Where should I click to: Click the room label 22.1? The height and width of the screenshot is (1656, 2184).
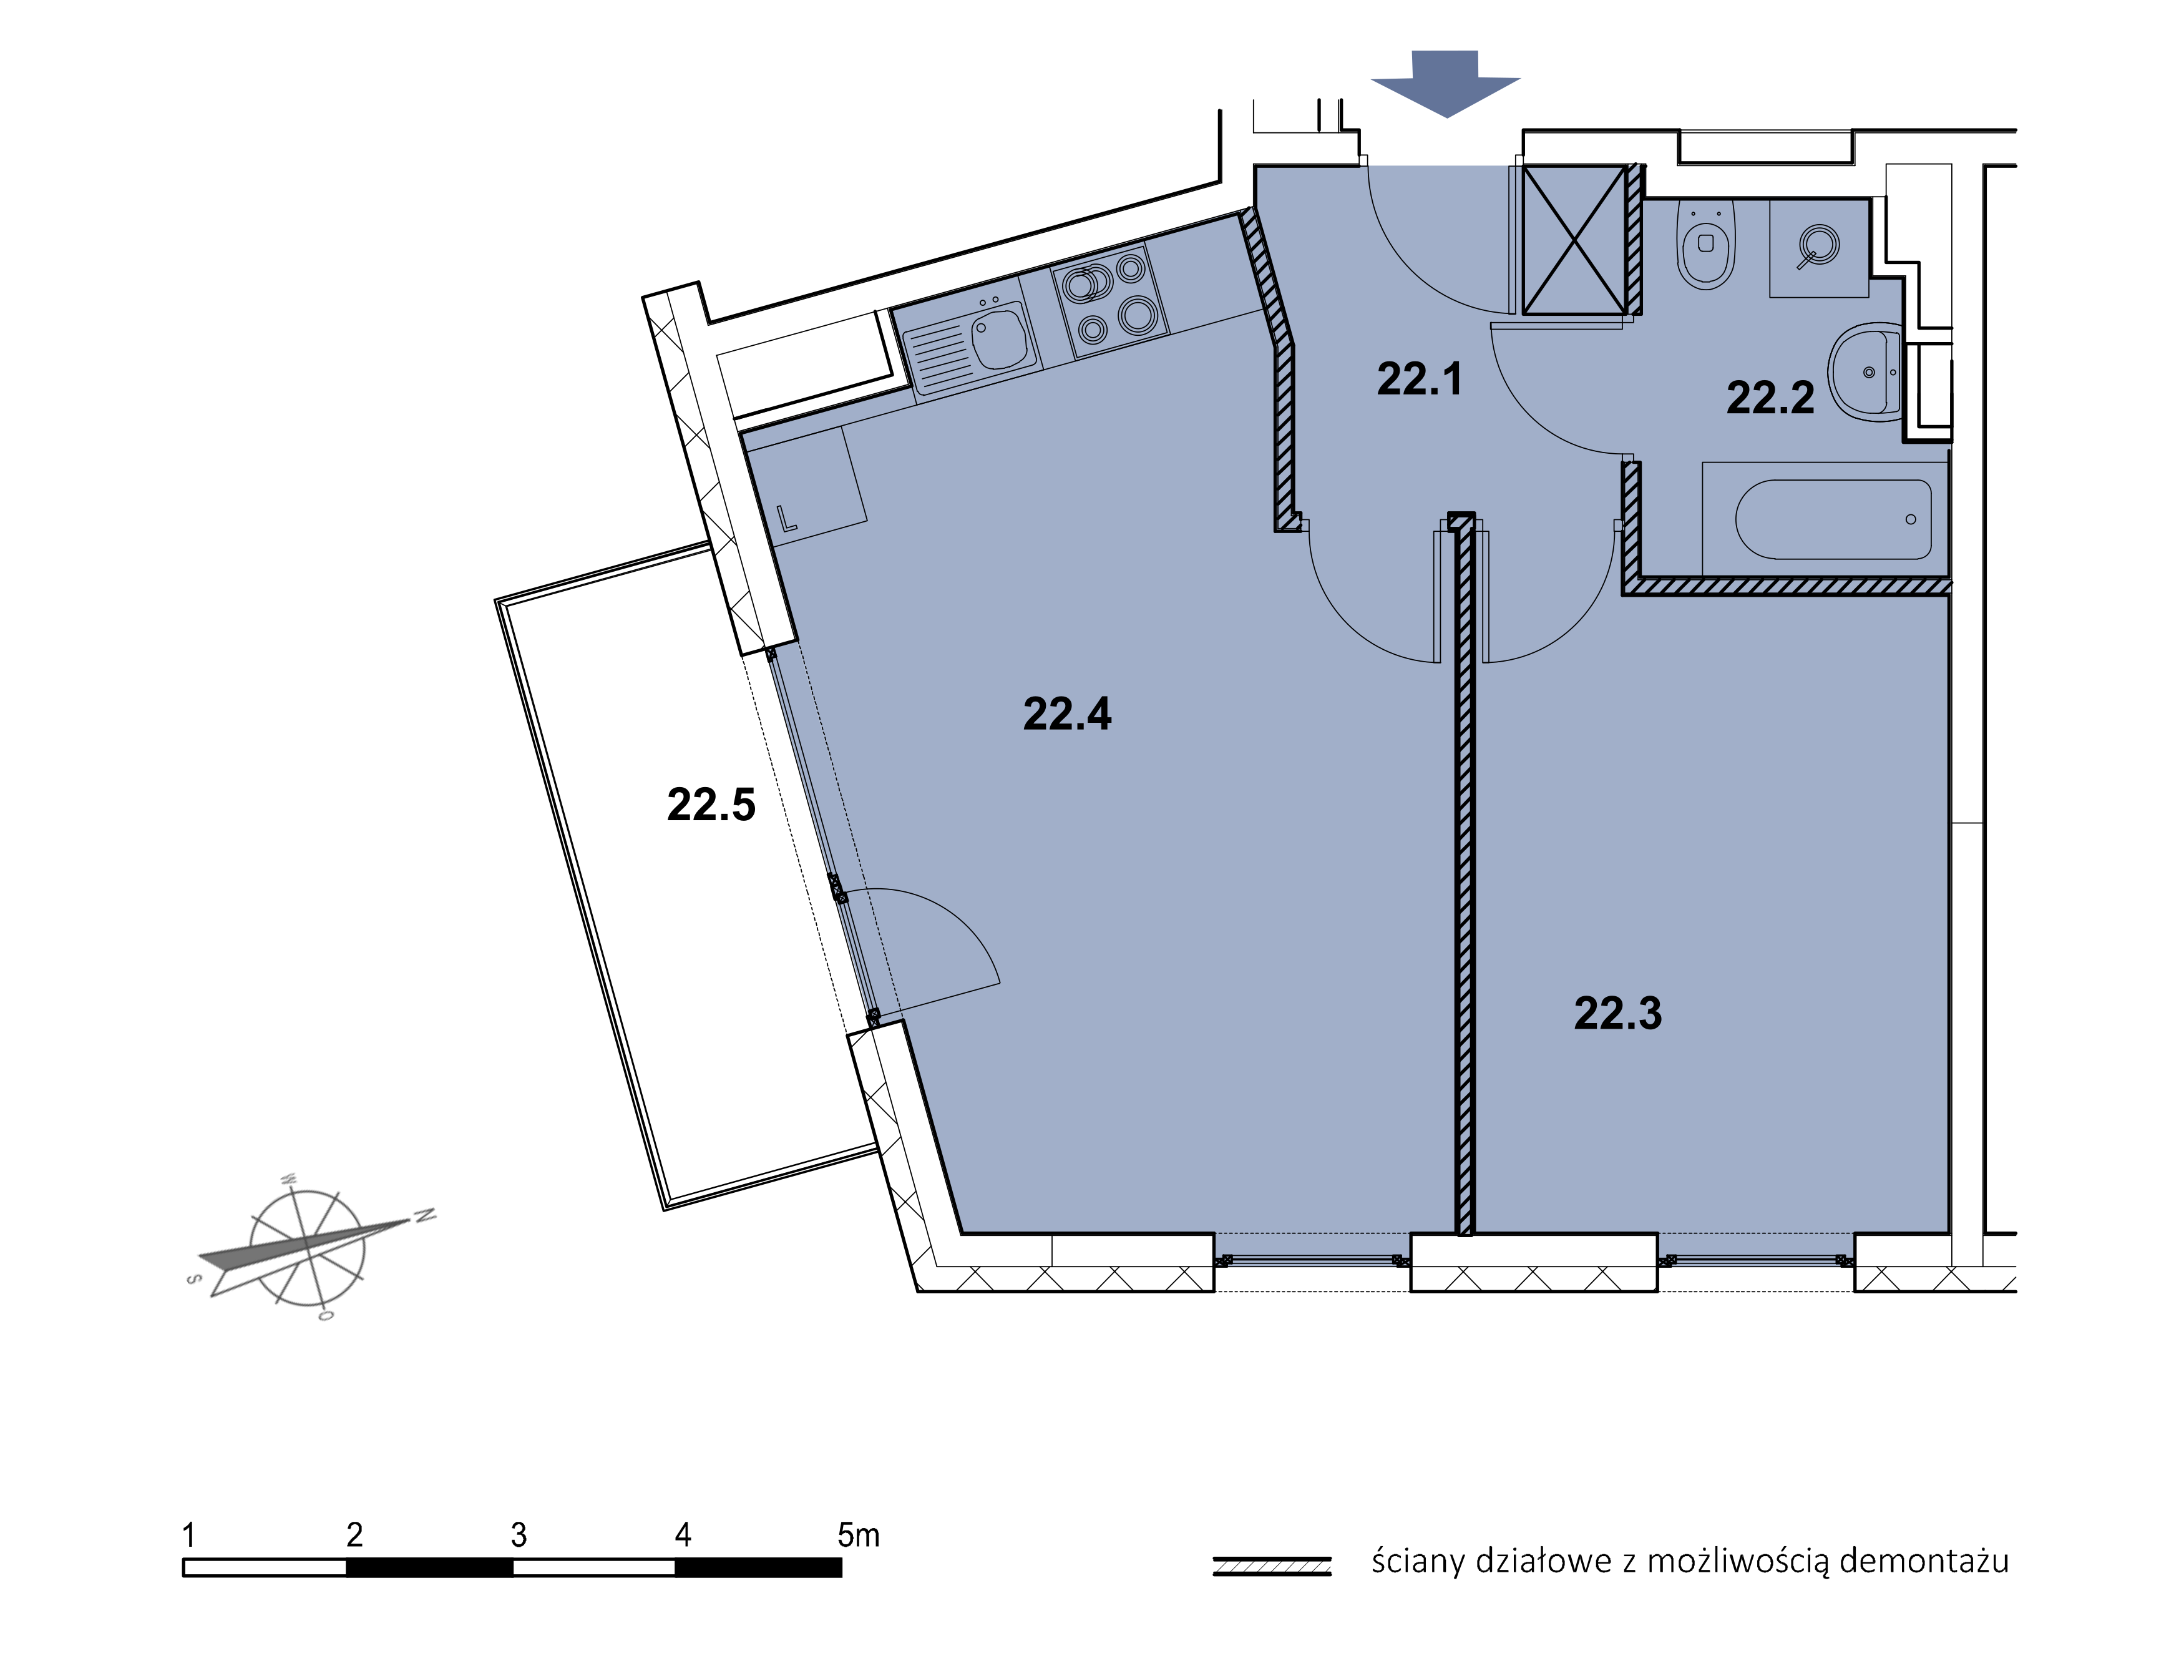click(1419, 379)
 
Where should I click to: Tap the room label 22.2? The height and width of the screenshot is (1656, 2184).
click(1770, 398)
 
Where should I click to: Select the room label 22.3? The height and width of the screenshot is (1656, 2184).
click(1618, 1013)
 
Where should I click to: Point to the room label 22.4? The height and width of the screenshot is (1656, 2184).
click(1067, 714)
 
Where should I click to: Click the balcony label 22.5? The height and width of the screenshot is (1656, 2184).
click(711, 805)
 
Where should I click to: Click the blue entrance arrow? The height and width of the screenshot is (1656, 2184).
click(1445, 83)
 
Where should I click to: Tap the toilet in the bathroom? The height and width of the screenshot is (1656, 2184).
click(1706, 244)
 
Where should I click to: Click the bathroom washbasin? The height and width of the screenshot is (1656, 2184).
click(1864, 373)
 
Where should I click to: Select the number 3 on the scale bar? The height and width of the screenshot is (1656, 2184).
click(519, 1534)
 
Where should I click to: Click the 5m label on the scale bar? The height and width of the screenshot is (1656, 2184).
click(858, 1534)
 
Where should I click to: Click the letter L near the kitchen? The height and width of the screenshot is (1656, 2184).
click(787, 519)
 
